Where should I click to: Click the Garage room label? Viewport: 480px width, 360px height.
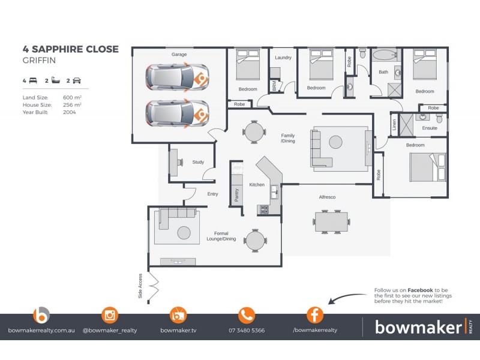coord(179,55)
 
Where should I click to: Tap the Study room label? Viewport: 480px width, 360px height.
coord(198,162)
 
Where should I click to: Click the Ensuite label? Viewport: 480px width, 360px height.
coord(430,128)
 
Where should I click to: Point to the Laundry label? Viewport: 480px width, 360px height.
coord(283,58)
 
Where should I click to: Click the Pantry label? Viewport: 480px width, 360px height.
coord(236,195)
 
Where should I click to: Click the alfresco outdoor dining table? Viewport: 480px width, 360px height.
coord(331,221)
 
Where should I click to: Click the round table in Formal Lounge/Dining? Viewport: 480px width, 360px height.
coord(255,240)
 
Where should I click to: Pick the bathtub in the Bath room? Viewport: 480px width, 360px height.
coord(384,56)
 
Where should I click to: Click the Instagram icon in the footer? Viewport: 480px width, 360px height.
coord(110,315)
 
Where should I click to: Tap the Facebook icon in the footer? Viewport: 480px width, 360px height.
coord(315,315)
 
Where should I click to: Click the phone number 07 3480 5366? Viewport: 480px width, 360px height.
coord(247,331)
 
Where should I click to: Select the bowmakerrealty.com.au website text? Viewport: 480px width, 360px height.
coord(40,331)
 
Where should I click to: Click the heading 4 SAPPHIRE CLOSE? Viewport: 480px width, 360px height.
coord(71,49)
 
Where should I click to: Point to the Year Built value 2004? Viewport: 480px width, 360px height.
coord(70,112)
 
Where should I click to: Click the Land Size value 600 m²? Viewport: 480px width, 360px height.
coord(72,97)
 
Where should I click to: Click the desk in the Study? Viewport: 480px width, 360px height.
coord(174,161)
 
